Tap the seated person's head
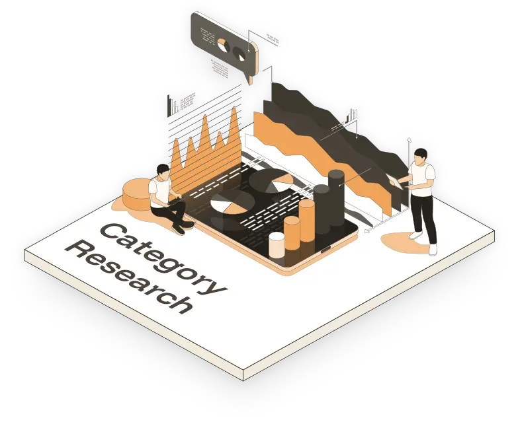(x=163, y=172)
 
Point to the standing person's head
(x=421, y=157)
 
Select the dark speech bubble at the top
(x=224, y=46)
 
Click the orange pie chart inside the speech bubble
(x=224, y=46)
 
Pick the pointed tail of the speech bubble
(x=249, y=81)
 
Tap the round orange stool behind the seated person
(x=137, y=196)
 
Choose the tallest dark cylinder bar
(x=336, y=198)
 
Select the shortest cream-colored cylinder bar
(x=277, y=245)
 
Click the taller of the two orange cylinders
(x=307, y=221)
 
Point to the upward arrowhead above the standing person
(x=410, y=139)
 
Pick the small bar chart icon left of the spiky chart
(x=173, y=106)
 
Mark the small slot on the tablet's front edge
(x=325, y=249)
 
